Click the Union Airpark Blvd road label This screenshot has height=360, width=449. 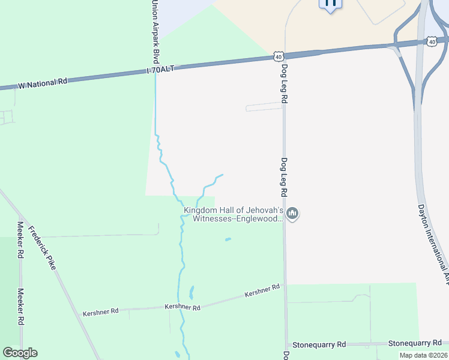[155, 32]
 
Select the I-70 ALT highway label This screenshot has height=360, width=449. [160, 70]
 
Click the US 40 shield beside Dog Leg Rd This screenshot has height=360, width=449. [278, 56]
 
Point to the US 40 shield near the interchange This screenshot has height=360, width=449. [432, 41]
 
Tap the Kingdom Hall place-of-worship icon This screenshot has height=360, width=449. [292, 214]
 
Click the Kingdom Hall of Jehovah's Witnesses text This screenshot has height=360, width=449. [234, 214]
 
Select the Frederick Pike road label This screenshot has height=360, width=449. [41, 247]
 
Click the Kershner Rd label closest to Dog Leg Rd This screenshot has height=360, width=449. [262, 291]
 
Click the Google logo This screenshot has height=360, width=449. [20, 353]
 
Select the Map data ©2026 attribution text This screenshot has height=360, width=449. [423, 355]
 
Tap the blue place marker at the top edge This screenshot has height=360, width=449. [330, 4]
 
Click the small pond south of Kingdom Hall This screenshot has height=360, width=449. [228, 239]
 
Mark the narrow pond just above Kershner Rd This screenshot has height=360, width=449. [191, 292]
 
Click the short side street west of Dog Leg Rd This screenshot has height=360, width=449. [264, 107]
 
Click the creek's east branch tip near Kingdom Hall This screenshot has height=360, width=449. [223, 175]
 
